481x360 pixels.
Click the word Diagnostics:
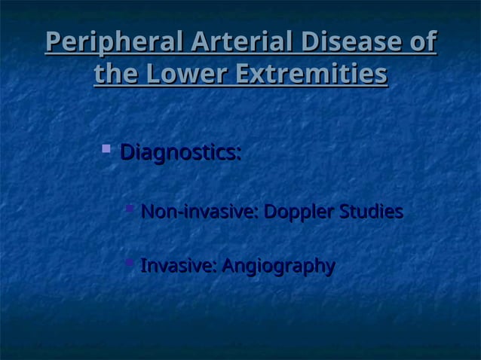point(181,154)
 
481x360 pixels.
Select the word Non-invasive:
point(200,213)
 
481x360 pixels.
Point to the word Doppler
point(298,213)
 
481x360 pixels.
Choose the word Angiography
point(278,267)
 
